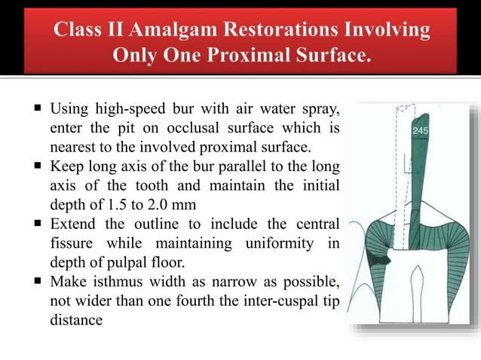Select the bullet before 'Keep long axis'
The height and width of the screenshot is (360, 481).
pos(36,165)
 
